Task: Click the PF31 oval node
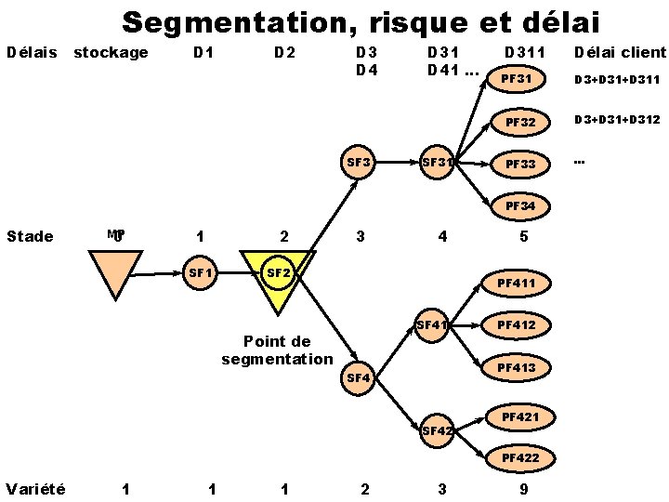[516, 79]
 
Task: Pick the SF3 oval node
[360, 163]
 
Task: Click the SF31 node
[439, 163]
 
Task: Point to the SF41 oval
[433, 325]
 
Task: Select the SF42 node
[438, 430]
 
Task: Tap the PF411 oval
[517, 283]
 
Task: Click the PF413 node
[517, 368]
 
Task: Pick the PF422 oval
[520, 457]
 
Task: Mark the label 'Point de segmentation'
[276, 350]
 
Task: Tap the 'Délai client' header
[620, 52]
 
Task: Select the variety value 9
[525, 488]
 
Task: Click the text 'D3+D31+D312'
[617, 120]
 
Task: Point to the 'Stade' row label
[30, 236]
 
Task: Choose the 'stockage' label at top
[111, 52]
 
